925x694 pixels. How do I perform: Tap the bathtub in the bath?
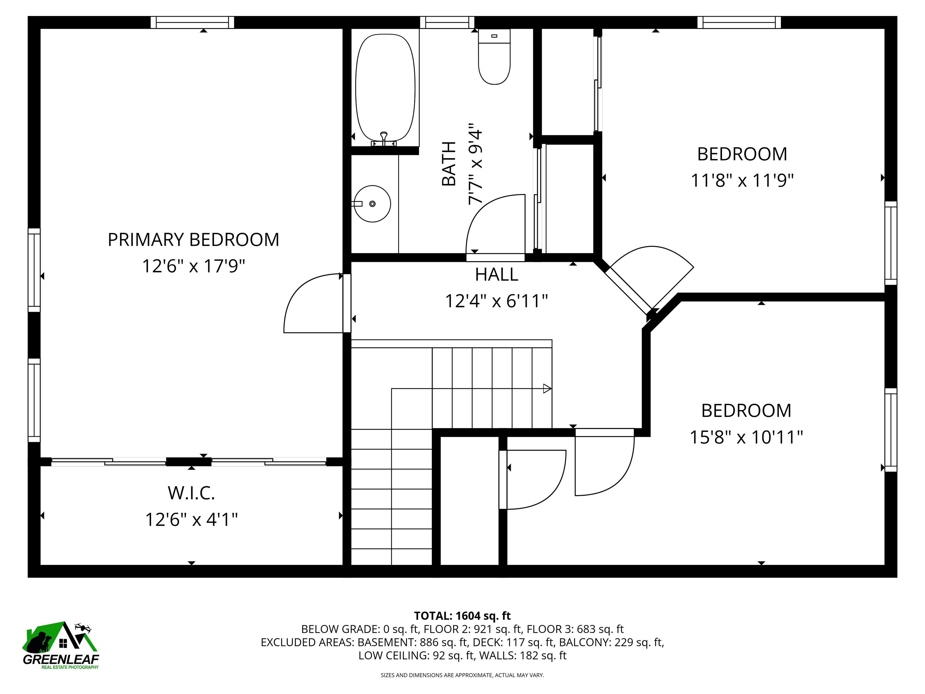(385, 88)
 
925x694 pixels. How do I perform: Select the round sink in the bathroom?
(372, 204)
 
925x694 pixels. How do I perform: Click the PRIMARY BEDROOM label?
(194, 240)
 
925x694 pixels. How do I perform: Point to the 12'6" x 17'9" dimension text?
(194, 266)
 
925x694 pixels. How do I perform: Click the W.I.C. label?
(192, 493)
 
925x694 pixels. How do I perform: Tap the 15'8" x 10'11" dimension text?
(746, 438)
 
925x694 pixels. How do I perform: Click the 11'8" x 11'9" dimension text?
(742, 181)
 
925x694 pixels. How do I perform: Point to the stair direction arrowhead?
(547, 389)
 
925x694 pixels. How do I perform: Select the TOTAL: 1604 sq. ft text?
(462, 616)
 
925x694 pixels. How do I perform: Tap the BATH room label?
(449, 164)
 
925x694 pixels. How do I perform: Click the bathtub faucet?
(384, 139)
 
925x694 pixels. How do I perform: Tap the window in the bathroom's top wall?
(447, 22)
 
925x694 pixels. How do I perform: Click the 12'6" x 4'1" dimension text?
(192, 520)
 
